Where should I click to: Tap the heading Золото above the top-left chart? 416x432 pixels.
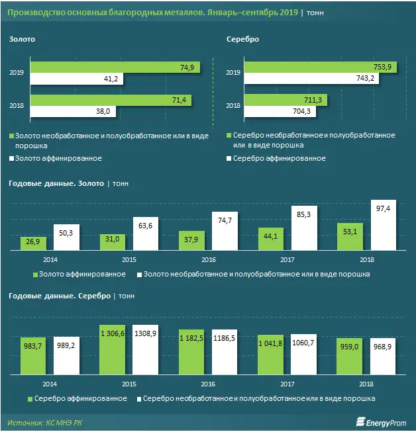click(22, 39)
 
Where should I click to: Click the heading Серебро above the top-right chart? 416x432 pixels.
click(242, 39)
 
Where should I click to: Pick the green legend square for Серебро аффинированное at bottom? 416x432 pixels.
click(31, 399)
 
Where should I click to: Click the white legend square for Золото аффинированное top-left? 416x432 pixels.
click(11, 159)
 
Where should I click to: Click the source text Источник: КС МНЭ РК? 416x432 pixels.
click(45, 421)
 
